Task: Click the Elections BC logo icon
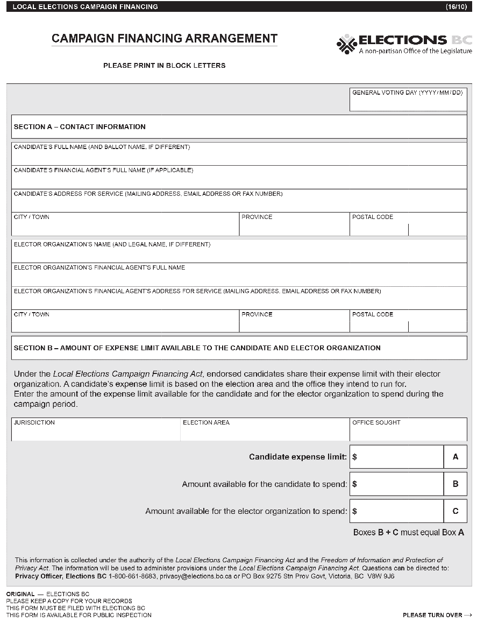(347, 44)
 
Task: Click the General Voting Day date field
(408, 103)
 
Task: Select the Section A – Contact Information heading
(80, 127)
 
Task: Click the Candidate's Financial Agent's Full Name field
(239, 180)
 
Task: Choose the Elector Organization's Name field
(239, 255)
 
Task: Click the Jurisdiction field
(96, 433)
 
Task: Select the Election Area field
(265, 433)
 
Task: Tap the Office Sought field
(408, 433)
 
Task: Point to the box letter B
(455, 484)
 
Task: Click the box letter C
(455, 511)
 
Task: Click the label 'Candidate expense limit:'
(297, 457)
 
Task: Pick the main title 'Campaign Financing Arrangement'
(165, 39)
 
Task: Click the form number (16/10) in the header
(456, 6)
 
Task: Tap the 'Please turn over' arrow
(468, 615)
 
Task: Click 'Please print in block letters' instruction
(164, 66)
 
